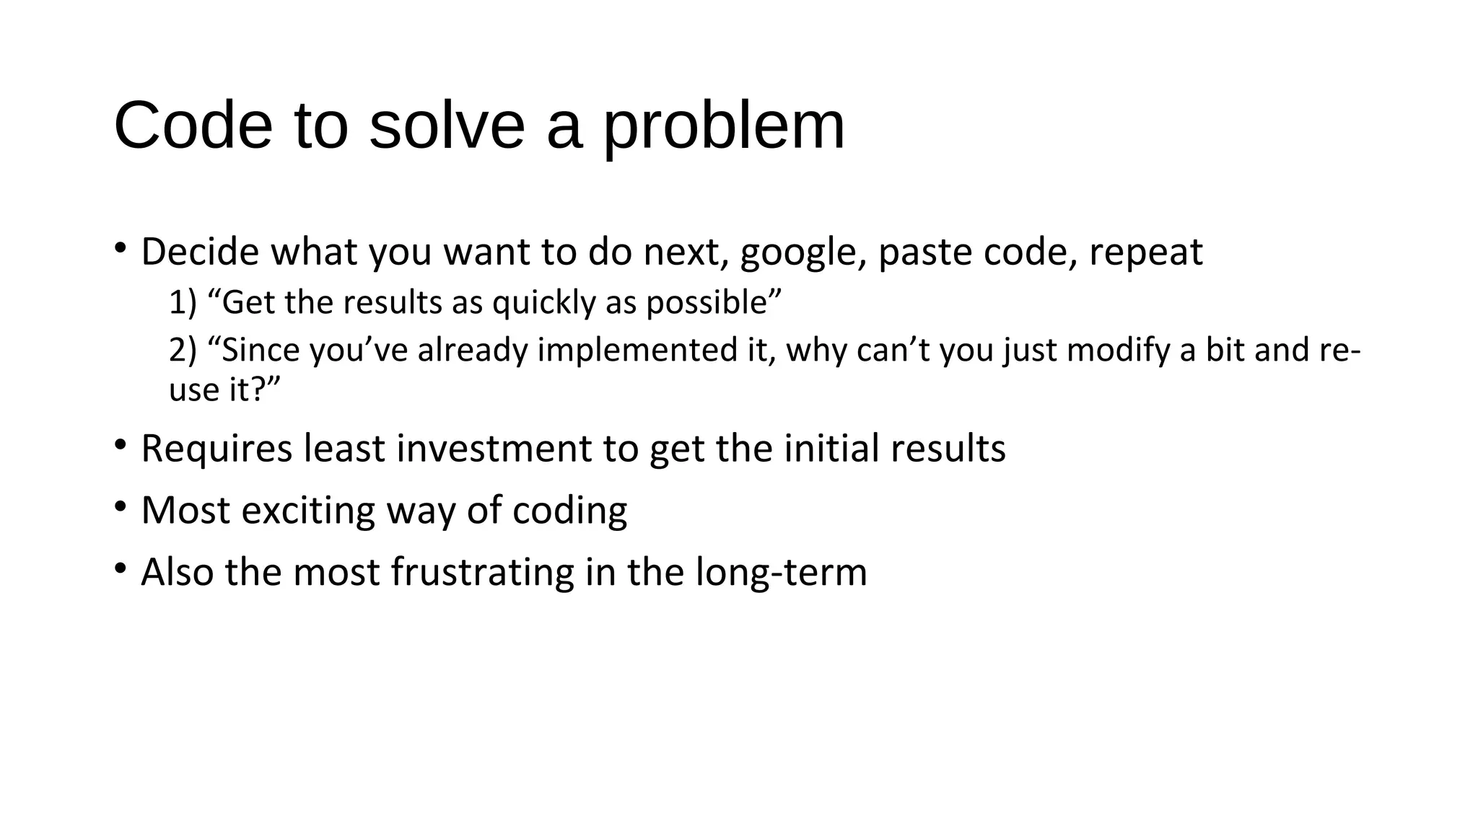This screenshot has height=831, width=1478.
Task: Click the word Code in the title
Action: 193,126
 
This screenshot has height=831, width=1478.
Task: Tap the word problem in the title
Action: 723,126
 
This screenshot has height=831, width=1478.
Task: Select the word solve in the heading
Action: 447,126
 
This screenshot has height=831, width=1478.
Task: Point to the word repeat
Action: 1145,252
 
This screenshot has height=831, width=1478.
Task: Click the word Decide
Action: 200,252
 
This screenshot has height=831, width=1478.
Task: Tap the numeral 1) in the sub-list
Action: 183,302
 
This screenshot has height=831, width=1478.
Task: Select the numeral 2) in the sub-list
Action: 183,351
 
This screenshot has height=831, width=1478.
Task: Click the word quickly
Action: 543,302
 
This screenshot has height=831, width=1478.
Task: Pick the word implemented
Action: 638,351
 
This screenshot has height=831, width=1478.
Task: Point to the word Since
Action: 261,351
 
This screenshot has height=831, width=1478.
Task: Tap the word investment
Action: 494,448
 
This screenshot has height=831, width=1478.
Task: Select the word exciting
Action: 308,510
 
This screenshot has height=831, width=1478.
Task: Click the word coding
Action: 569,510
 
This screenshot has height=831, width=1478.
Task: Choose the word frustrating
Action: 482,572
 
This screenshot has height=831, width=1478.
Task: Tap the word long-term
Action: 781,572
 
